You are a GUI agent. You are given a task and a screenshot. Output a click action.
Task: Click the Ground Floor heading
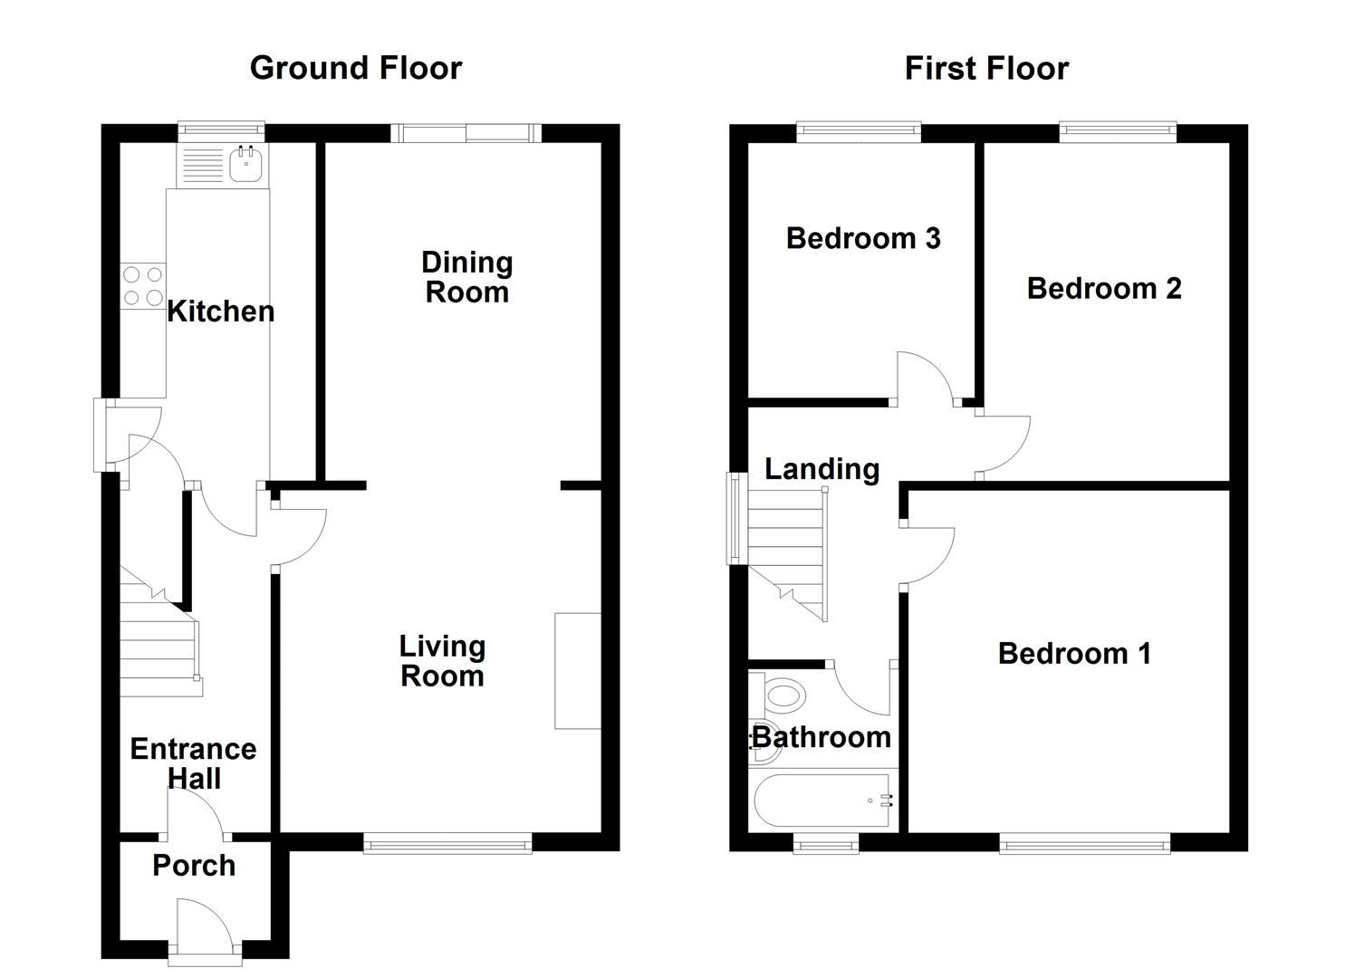355,69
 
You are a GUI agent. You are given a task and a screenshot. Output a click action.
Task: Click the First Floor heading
986,69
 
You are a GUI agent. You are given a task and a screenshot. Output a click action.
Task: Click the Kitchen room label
220,312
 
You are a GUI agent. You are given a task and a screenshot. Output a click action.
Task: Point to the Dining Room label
467,277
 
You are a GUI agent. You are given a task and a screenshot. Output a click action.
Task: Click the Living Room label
442,661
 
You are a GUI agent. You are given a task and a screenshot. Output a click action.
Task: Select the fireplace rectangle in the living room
577,671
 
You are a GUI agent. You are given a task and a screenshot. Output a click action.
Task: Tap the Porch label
194,866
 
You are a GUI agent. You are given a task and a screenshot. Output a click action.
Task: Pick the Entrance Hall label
193,763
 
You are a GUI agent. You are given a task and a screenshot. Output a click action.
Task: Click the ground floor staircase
159,643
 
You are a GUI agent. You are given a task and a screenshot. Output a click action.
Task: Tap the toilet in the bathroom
783,696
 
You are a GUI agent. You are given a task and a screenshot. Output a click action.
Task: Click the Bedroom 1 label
1074,654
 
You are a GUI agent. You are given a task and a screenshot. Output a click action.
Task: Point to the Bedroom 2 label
1103,289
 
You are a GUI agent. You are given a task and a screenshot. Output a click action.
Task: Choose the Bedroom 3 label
862,238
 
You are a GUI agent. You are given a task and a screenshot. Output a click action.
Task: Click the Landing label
821,469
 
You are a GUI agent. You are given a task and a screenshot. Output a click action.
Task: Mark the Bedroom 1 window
1084,844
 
